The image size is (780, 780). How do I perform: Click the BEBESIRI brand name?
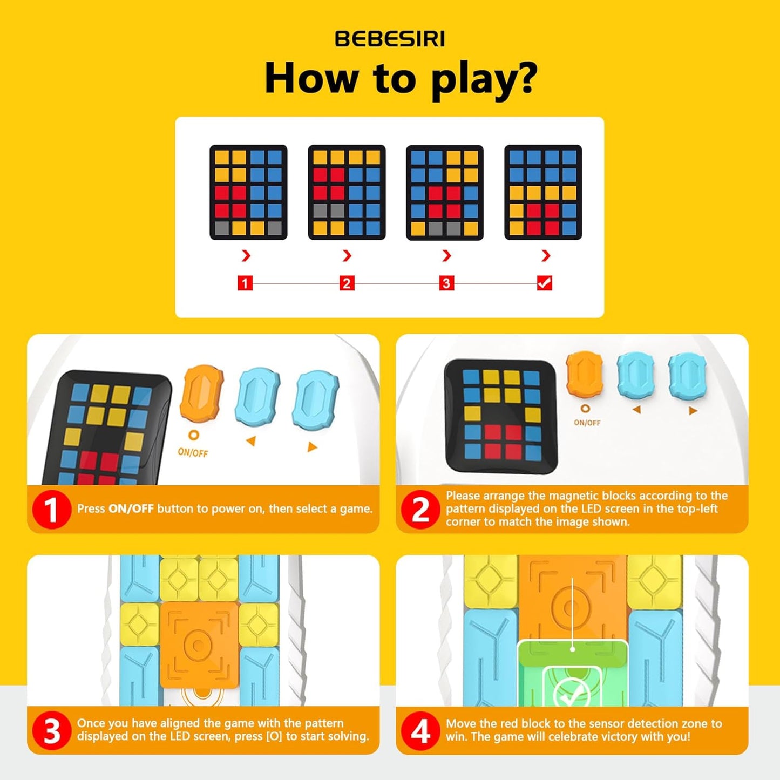[390, 39]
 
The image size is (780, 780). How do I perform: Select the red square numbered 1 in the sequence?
[245, 283]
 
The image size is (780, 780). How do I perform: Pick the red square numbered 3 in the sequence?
[446, 283]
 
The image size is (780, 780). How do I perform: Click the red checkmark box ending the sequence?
[545, 283]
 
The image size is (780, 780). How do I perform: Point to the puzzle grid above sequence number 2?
[347, 192]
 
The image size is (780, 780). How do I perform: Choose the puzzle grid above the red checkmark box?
[543, 192]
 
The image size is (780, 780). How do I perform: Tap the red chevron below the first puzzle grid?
[246, 255]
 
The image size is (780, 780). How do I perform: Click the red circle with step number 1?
[51, 509]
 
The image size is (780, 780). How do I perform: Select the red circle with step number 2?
[420, 509]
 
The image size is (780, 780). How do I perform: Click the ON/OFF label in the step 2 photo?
[587, 423]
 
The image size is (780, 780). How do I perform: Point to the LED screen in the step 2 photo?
[500, 415]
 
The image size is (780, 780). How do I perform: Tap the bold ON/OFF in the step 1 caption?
[131, 508]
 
